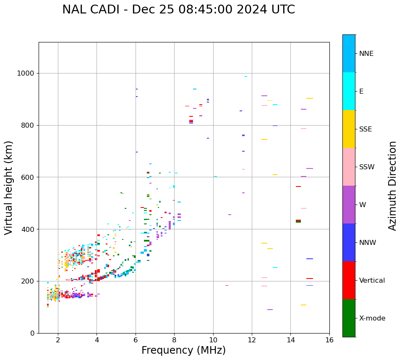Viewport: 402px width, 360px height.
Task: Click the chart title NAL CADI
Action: pyautogui.click(x=178, y=10)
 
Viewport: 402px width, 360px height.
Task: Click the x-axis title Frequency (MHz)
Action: pyautogui.click(x=183, y=350)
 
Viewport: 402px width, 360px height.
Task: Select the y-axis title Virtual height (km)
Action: pyautogui.click(x=9, y=188)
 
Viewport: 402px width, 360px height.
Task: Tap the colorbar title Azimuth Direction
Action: pyautogui.click(x=392, y=186)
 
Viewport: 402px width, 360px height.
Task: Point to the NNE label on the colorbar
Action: pyautogui.click(x=366, y=54)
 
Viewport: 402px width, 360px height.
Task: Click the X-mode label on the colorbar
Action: pyautogui.click(x=372, y=318)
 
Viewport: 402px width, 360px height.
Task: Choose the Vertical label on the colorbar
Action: pyautogui.click(x=372, y=281)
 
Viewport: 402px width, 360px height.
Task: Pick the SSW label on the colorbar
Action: pyautogui.click(x=367, y=167)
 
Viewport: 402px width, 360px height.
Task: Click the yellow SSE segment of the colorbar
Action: pyautogui.click(x=349, y=129)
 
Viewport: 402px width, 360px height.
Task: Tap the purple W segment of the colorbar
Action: pyautogui.click(x=349, y=205)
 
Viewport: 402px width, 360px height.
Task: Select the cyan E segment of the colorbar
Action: pyautogui.click(x=349, y=91)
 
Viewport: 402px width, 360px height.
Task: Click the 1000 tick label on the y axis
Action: pyautogui.click(x=26, y=74)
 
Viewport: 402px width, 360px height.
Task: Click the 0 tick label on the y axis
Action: pyautogui.click(x=32, y=333)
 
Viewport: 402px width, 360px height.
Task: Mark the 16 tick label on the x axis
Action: pyautogui.click(x=329, y=340)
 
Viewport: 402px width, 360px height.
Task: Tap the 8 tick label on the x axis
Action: pyautogui.click(x=175, y=340)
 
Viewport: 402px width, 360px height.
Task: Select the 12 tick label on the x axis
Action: pyautogui.click(x=252, y=340)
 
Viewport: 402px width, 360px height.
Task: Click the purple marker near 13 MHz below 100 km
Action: pyautogui.click(x=270, y=310)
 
